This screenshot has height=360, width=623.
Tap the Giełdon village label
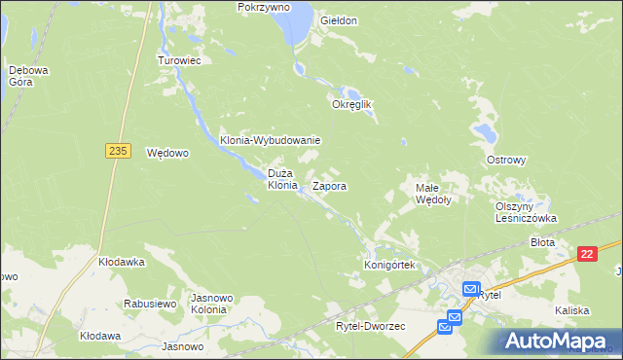coord(339,20)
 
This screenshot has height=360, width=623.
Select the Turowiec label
coord(179,59)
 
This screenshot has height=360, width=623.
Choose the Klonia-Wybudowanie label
coord(270,140)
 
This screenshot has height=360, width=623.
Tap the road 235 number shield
coord(118,150)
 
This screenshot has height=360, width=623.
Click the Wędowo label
coord(166,153)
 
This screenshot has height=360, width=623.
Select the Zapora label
coord(330,185)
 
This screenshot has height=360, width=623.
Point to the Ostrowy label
coord(506,160)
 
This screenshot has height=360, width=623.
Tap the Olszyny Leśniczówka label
coord(525,212)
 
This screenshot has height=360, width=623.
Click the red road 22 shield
coord(586,254)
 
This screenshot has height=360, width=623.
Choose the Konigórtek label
coord(389,265)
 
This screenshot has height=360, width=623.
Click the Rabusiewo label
coord(149,304)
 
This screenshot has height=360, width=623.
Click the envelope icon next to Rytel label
coord(470,289)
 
